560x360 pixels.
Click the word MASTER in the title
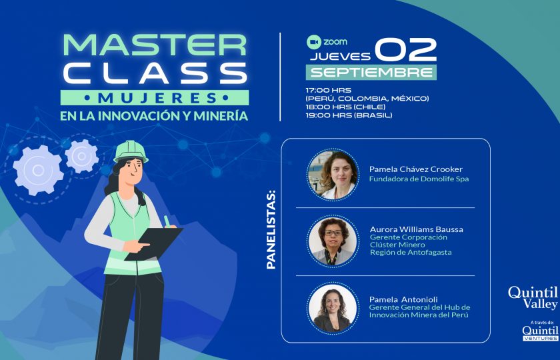point(155,45)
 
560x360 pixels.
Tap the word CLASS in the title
point(155,73)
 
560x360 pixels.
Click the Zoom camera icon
point(314,42)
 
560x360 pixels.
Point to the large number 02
point(405,49)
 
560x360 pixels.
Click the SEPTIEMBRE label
point(371,73)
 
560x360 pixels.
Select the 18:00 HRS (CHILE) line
point(345,107)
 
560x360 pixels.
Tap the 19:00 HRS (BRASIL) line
point(349,115)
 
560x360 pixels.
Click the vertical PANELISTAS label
point(271,230)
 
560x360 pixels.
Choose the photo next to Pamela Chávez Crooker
point(333,175)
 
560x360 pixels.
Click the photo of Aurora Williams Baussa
point(333,241)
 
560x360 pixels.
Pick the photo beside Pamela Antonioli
point(333,308)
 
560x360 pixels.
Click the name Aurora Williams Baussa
point(417,229)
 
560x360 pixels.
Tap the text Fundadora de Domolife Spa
point(419,179)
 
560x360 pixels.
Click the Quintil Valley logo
point(533,297)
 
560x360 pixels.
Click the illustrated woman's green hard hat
point(131,151)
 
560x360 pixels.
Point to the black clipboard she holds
point(154,244)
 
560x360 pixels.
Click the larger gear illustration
point(38,171)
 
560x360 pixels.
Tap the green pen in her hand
point(167,221)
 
